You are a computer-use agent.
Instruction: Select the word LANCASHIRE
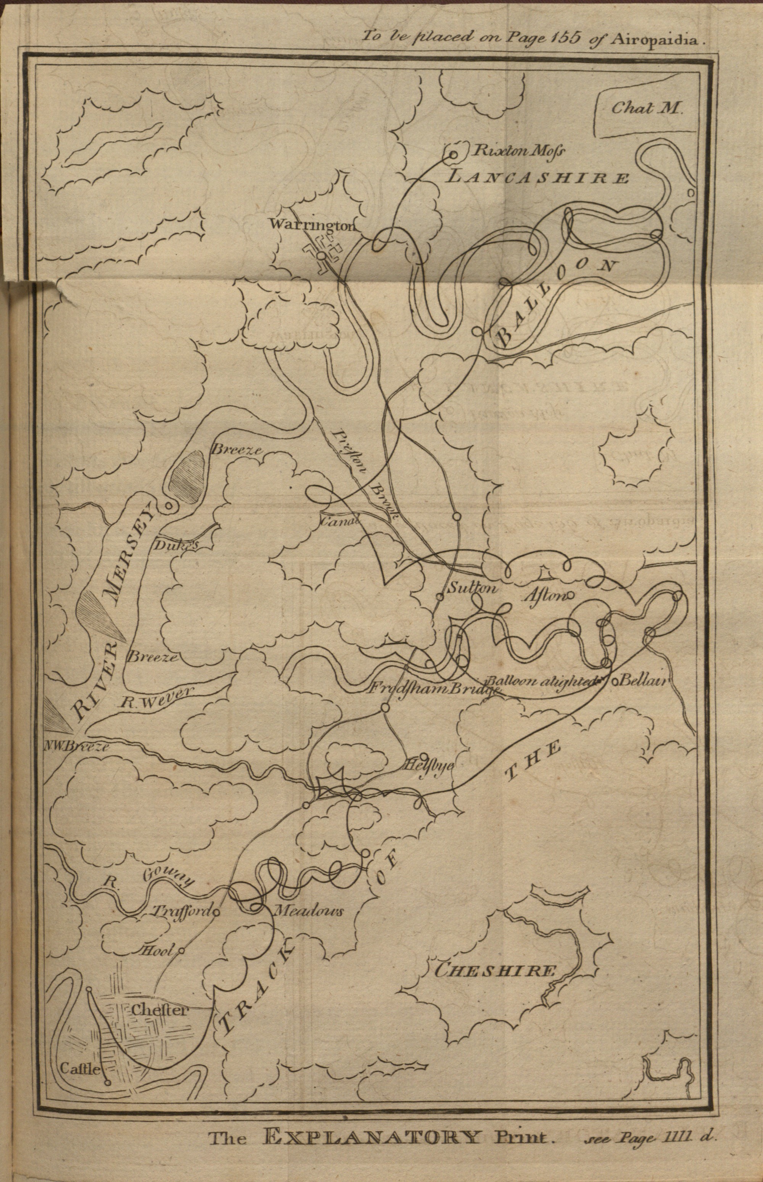click(537, 177)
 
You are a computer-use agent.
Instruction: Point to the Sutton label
click(471, 589)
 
